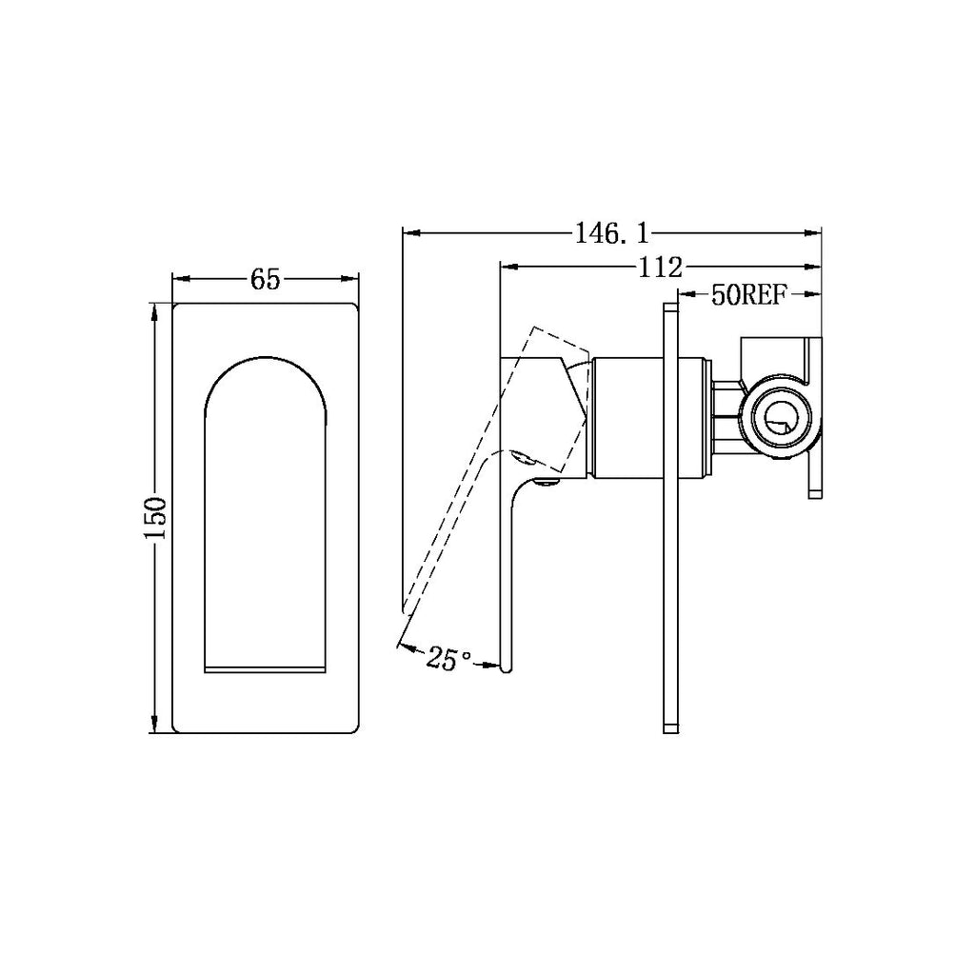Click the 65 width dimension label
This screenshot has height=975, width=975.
pos(265,279)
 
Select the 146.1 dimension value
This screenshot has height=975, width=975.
pos(611,231)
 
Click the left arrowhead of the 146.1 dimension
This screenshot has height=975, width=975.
pos(409,230)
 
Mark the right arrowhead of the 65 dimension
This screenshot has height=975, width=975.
pos(353,278)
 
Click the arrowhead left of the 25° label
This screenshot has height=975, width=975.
pos(404,648)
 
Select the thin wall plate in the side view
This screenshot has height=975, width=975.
pos(669,518)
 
